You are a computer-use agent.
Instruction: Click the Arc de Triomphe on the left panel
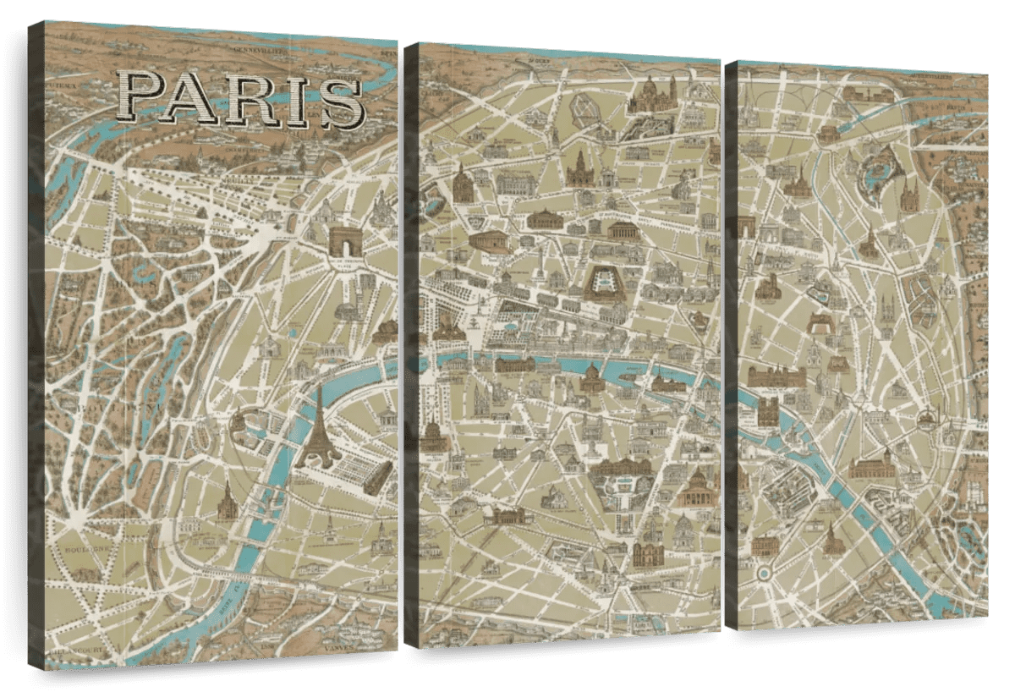[x=344, y=241]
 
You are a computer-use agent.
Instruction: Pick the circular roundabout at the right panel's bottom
[x=763, y=574]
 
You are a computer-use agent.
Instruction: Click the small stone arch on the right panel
[x=746, y=227]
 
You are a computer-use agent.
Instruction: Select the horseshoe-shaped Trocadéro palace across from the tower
[x=244, y=422]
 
